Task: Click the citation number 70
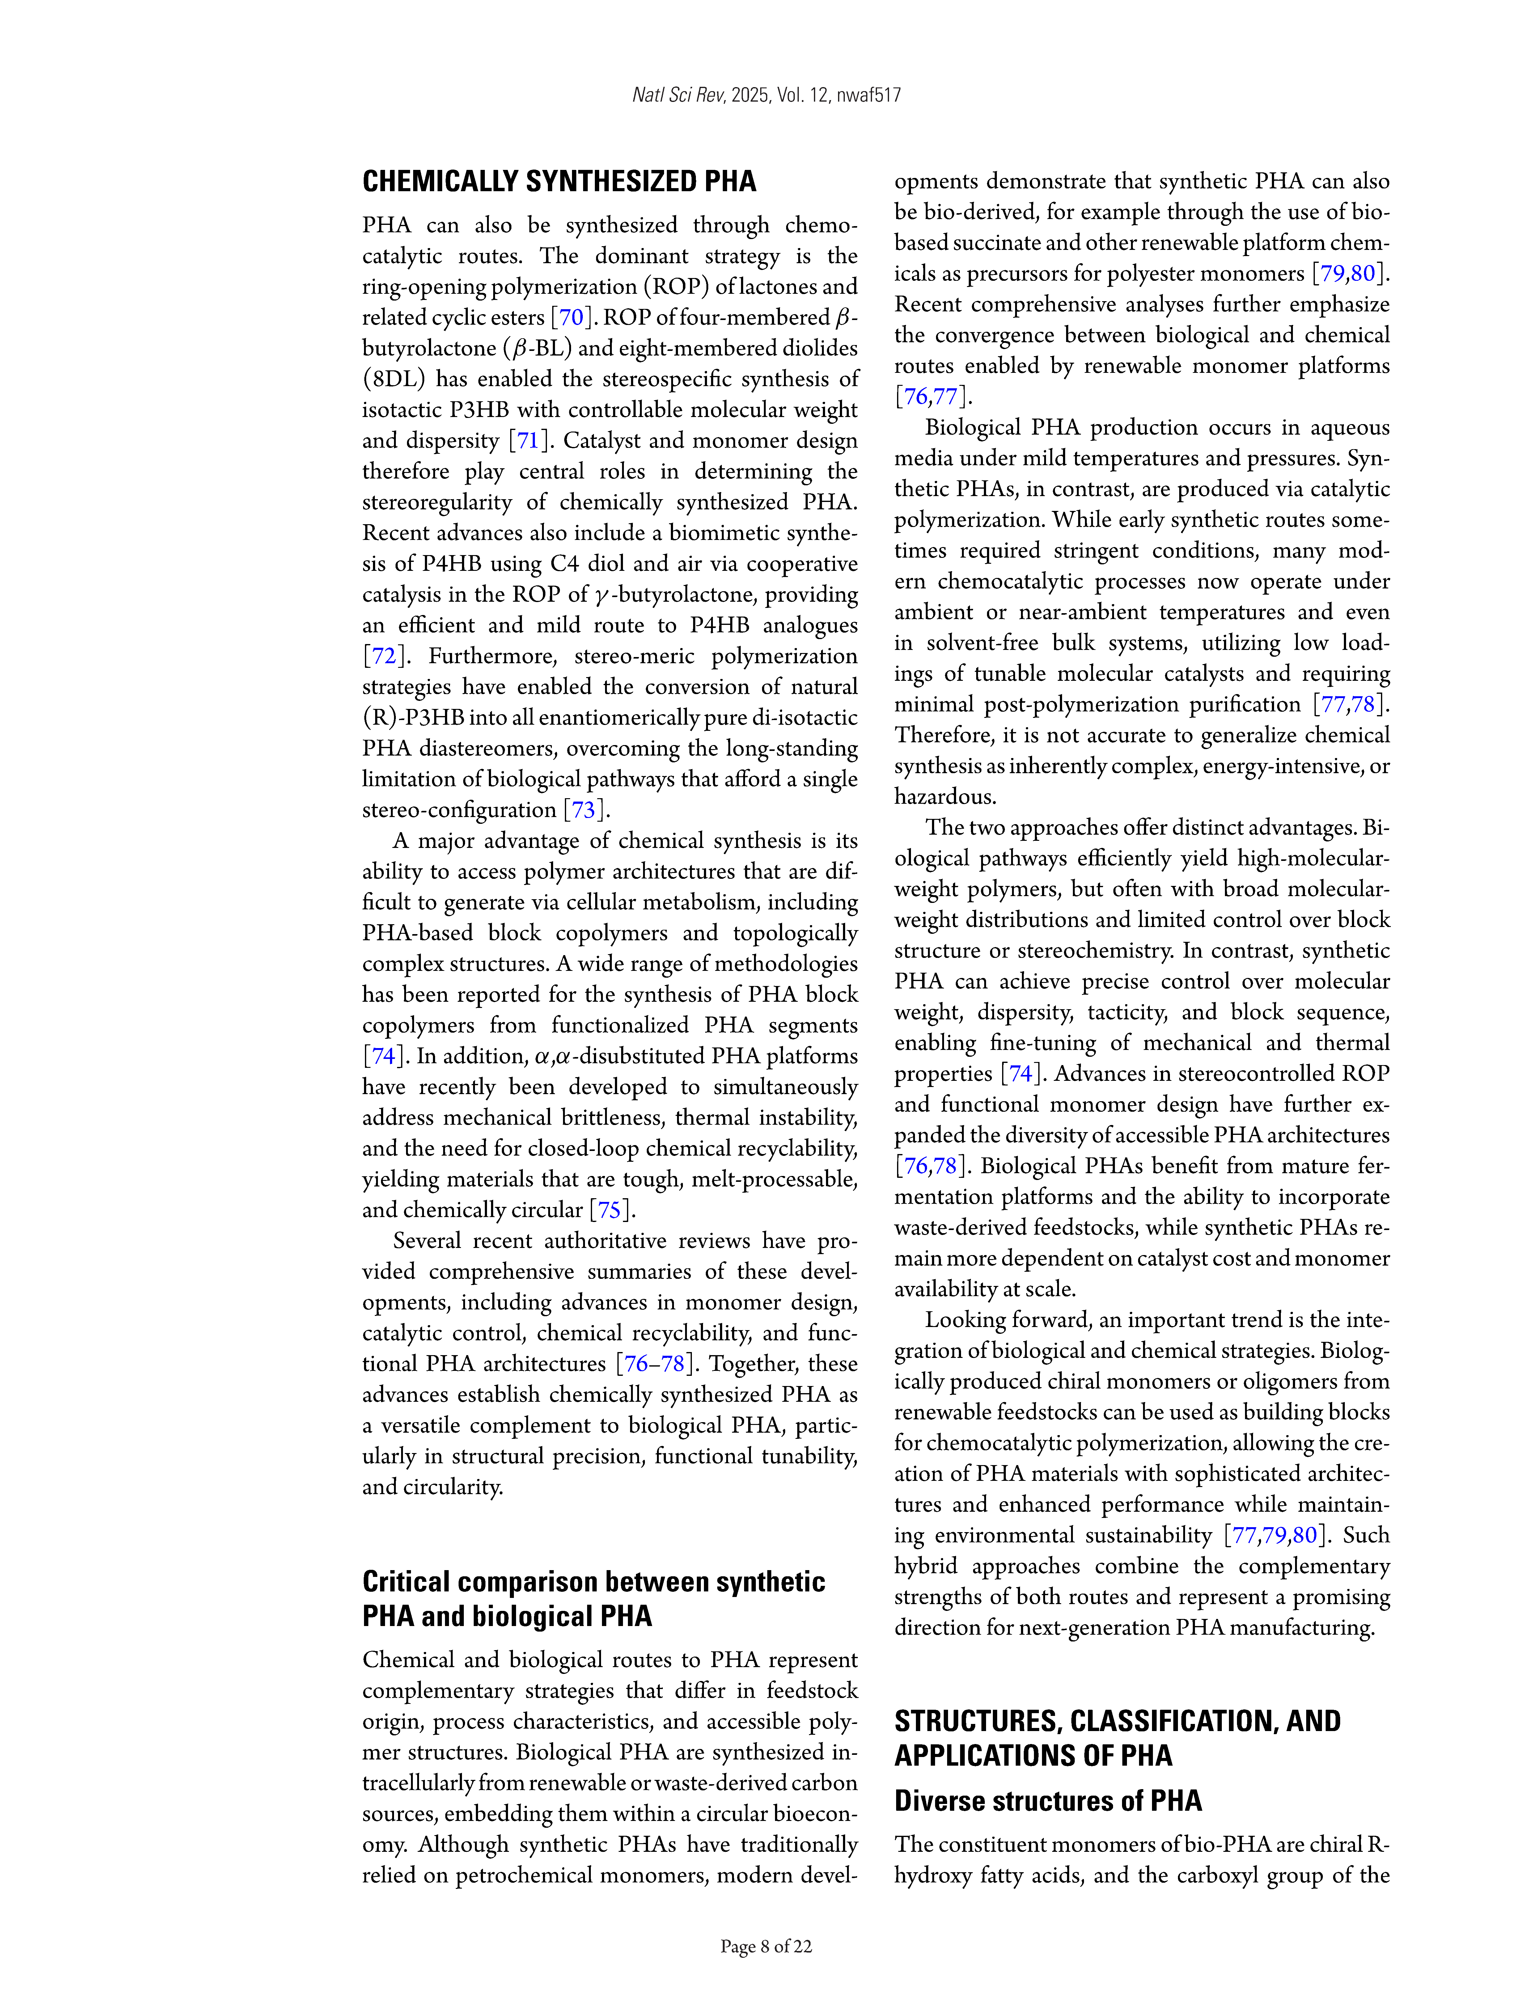(x=571, y=318)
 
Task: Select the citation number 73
(x=583, y=810)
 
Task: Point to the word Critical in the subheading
(x=406, y=1582)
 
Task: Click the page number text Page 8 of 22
(x=766, y=1946)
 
